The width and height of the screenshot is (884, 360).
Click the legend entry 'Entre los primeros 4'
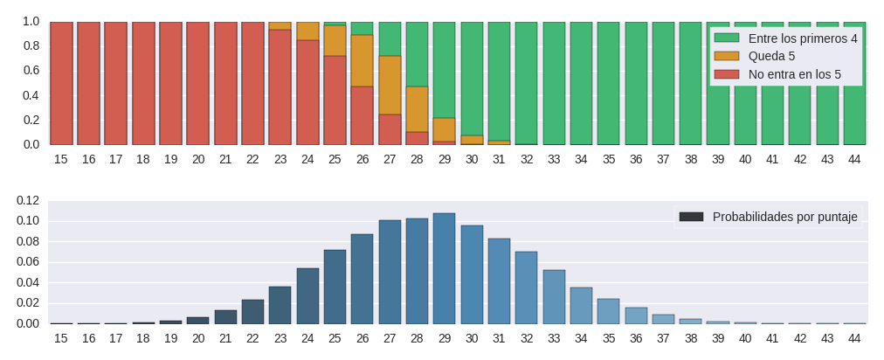pyautogui.click(x=803, y=38)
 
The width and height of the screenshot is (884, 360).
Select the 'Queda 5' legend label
pyautogui.click(x=771, y=56)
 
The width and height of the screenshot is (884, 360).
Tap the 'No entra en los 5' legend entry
pyautogui.click(x=794, y=74)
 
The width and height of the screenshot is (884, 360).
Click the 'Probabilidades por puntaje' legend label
pyautogui.click(x=784, y=217)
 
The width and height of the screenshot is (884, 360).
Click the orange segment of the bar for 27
pyautogui.click(x=390, y=85)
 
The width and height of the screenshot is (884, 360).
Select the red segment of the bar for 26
pyautogui.click(x=363, y=115)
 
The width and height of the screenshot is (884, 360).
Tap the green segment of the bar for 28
pyautogui.click(x=418, y=54)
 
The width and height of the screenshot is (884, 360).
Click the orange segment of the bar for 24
pyautogui.click(x=307, y=31)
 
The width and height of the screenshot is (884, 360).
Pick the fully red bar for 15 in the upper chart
pyautogui.click(x=61, y=83)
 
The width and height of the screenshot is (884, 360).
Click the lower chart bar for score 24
pyautogui.click(x=307, y=296)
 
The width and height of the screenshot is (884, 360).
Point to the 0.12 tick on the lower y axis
pyautogui.click(x=28, y=200)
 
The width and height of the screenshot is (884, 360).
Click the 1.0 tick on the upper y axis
pyautogui.click(x=31, y=21)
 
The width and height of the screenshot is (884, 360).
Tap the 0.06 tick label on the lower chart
pyautogui.click(x=28, y=262)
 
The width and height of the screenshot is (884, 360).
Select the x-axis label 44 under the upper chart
pyautogui.click(x=854, y=159)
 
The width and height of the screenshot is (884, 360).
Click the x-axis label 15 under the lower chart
pyautogui.click(x=61, y=338)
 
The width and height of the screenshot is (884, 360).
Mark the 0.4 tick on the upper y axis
pyautogui.click(x=31, y=95)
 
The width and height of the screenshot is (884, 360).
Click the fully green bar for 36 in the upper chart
pyautogui.click(x=636, y=83)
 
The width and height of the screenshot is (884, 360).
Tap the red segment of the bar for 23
pyautogui.click(x=280, y=87)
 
